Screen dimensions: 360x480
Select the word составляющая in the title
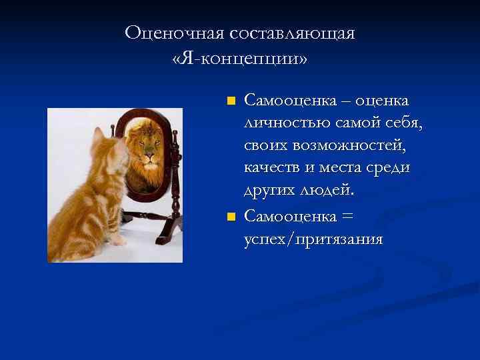(292, 33)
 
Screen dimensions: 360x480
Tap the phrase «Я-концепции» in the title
(239, 59)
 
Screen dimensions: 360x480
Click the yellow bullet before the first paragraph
(231, 101)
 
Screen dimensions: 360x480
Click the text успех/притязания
(313, 239)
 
